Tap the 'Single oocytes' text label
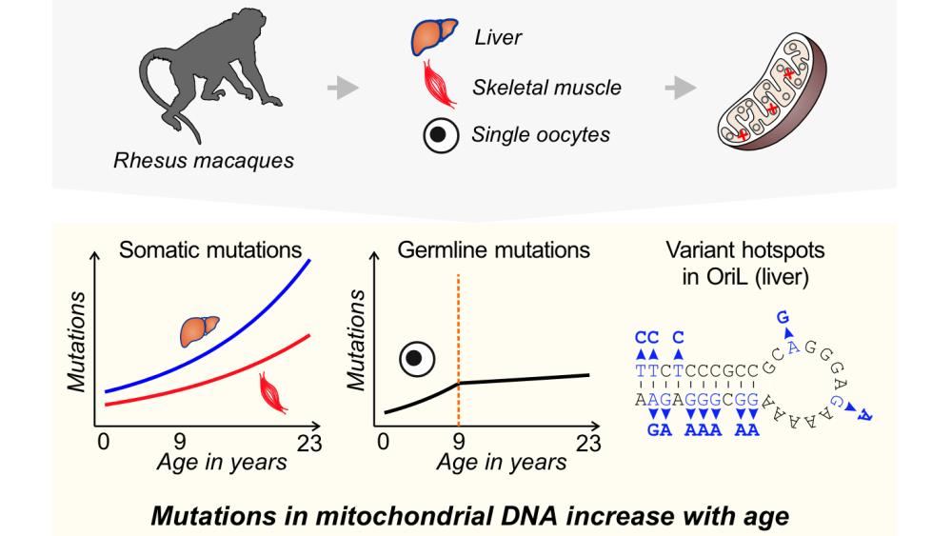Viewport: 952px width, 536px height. [x=541, y=134]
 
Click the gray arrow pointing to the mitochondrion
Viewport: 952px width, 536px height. [x=679, y=89]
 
